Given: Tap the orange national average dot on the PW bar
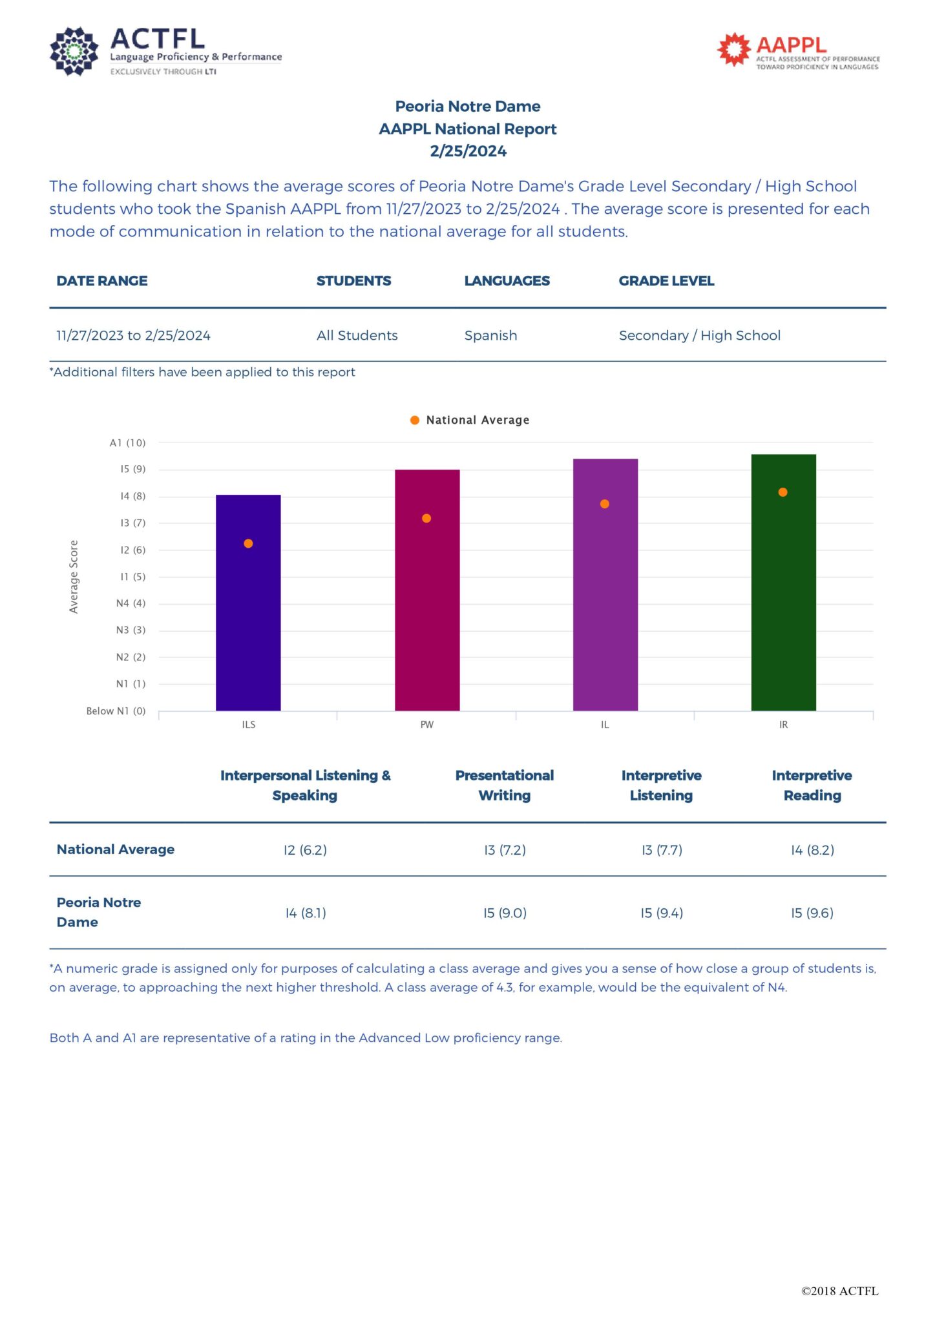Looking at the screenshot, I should pos(426,518).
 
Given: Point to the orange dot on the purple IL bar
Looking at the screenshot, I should pos(605,504).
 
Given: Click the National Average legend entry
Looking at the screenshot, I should pos(470,420).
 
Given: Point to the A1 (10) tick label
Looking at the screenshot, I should pos(127,443).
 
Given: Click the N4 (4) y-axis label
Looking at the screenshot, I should pos(131,603).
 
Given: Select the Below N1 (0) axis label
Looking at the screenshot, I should pos(116,711).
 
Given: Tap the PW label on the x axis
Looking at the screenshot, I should pos(427,725).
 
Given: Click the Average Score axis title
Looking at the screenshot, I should pos(74,576).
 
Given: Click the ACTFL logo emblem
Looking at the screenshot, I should pos(74,51).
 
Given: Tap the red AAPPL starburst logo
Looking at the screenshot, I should pos(733,49).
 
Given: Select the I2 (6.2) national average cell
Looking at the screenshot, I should pos(305,850).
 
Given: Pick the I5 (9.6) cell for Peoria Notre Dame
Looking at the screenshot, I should pos(812,913).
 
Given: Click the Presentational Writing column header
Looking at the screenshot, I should pos(505,785).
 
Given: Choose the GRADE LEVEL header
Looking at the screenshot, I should pos(666,281).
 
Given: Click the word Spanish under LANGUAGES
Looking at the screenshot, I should pos(490,335).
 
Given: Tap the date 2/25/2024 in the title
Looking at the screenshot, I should pos(468,151).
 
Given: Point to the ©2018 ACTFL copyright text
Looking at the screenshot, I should pos(839,1291).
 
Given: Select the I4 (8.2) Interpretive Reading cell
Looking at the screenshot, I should pos(812,850).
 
